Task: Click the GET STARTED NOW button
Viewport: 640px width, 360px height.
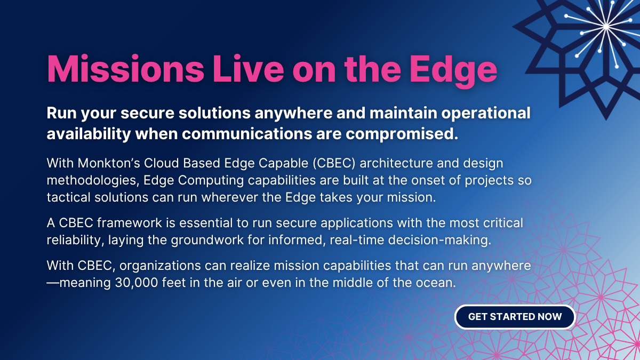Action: pos(515,317)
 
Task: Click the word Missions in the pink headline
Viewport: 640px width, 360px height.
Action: pos(125,69)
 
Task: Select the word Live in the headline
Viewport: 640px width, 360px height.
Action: pos(248,69)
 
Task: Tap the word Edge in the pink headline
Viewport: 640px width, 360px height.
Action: pos(453,71)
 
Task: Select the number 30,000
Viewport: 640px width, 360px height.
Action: pos(137,283)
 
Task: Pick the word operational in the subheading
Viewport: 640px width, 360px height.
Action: pos(486,113)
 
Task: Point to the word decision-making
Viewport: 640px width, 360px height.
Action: pos(439,241)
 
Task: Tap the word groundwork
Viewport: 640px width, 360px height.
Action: pos(207,240)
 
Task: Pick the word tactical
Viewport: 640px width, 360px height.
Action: pos(69,197)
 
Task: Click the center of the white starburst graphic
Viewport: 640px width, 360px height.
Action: pos(606,27)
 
